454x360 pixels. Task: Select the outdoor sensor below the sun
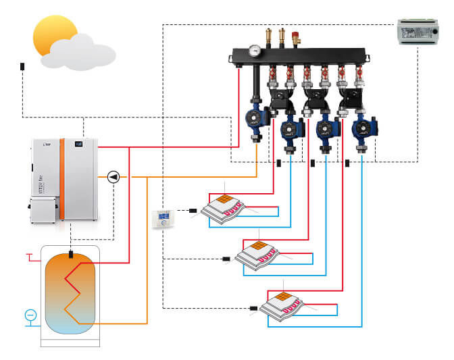click(22, 67)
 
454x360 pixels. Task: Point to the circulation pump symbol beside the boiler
click(113, 177)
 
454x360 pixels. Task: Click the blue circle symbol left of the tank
click(30, 315)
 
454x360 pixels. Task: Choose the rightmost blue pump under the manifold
click(361, 128)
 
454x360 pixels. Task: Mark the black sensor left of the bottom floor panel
click(253, 308)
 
